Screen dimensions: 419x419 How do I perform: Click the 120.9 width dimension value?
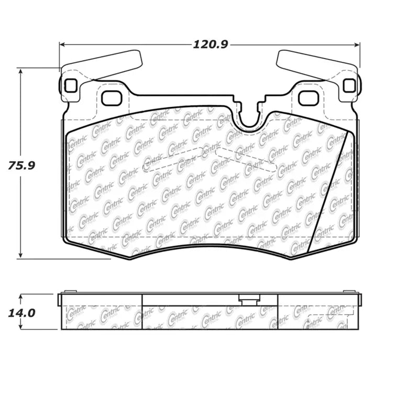click(211, 45)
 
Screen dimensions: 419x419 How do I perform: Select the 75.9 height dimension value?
click(21, 166)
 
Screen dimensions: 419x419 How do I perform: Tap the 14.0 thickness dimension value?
click(21, 313)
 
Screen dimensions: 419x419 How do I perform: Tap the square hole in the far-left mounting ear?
click(70, 85)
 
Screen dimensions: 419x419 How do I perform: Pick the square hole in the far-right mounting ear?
click(349, 85)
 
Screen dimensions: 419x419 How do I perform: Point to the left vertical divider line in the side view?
click(142, 311)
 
